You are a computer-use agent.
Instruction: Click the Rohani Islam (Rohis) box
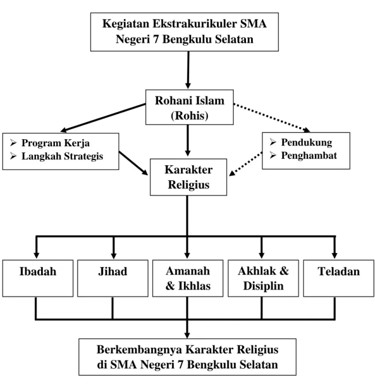(189, 107)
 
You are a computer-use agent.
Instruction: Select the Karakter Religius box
(188, 177)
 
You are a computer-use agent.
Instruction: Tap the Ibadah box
(38, 279)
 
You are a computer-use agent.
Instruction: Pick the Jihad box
(113, 279)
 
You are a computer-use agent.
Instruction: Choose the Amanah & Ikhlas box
(187, 279)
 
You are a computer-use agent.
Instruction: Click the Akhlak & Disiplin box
(263, 279)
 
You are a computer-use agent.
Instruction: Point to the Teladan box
(339, 279)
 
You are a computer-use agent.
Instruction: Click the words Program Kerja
(56, 143)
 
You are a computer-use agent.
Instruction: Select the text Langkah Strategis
(62, 156)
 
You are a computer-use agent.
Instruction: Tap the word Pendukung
(307, 142)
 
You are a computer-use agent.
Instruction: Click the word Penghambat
(309, 155)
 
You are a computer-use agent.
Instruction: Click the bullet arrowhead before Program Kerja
(13, 143)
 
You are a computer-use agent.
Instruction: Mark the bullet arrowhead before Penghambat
(273, 155)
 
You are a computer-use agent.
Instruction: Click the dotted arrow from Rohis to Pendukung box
(271, 117)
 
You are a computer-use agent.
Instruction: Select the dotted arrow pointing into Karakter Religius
(245, 164)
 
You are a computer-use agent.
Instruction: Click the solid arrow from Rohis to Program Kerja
(103, 118)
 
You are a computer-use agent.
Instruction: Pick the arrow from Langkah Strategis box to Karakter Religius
(133, 163)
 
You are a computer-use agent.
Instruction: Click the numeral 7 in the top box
(156, 39)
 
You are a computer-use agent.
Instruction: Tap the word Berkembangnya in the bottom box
(139, 350)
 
